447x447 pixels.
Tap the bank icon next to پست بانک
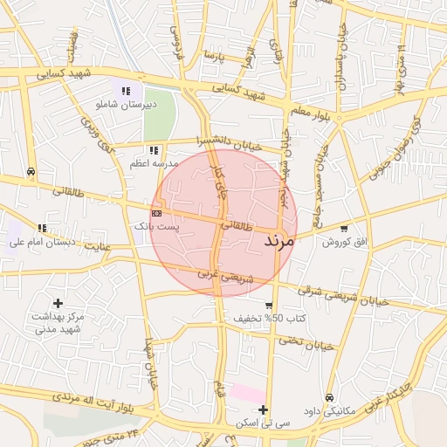[156, 212]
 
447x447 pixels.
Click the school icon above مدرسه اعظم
[154, 150]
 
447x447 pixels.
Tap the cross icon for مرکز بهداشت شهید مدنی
[58, 303]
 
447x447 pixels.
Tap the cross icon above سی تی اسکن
[263, 409]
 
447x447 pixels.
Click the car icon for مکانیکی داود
[329, 397]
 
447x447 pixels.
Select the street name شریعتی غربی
[226, 277]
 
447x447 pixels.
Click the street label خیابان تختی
[308, 343]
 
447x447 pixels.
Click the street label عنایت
[99, 246]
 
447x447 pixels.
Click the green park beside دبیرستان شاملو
[159, 114]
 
